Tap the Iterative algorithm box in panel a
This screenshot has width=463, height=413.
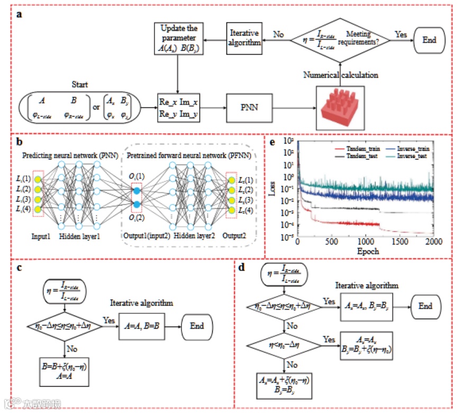click(244, 37)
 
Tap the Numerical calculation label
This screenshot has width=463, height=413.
click(340, 75)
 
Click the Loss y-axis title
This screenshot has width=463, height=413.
click(286, 188)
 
